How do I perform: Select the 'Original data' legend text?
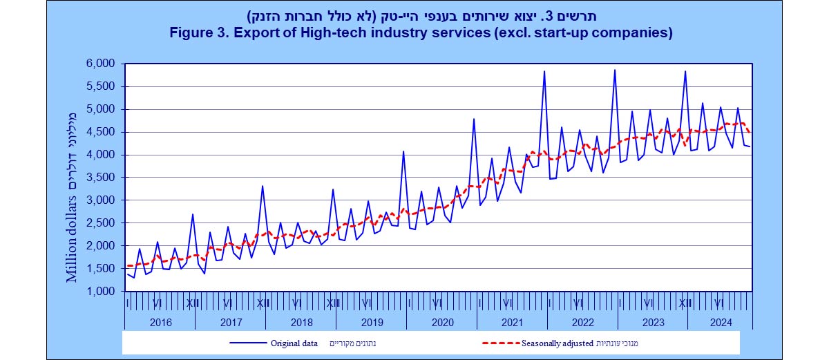[294, 343]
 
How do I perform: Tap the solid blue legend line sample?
[246, 343]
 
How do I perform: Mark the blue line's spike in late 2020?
[474, 119]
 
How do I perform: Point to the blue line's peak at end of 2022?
[614, 70]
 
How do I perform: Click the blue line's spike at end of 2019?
[403, 151]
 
